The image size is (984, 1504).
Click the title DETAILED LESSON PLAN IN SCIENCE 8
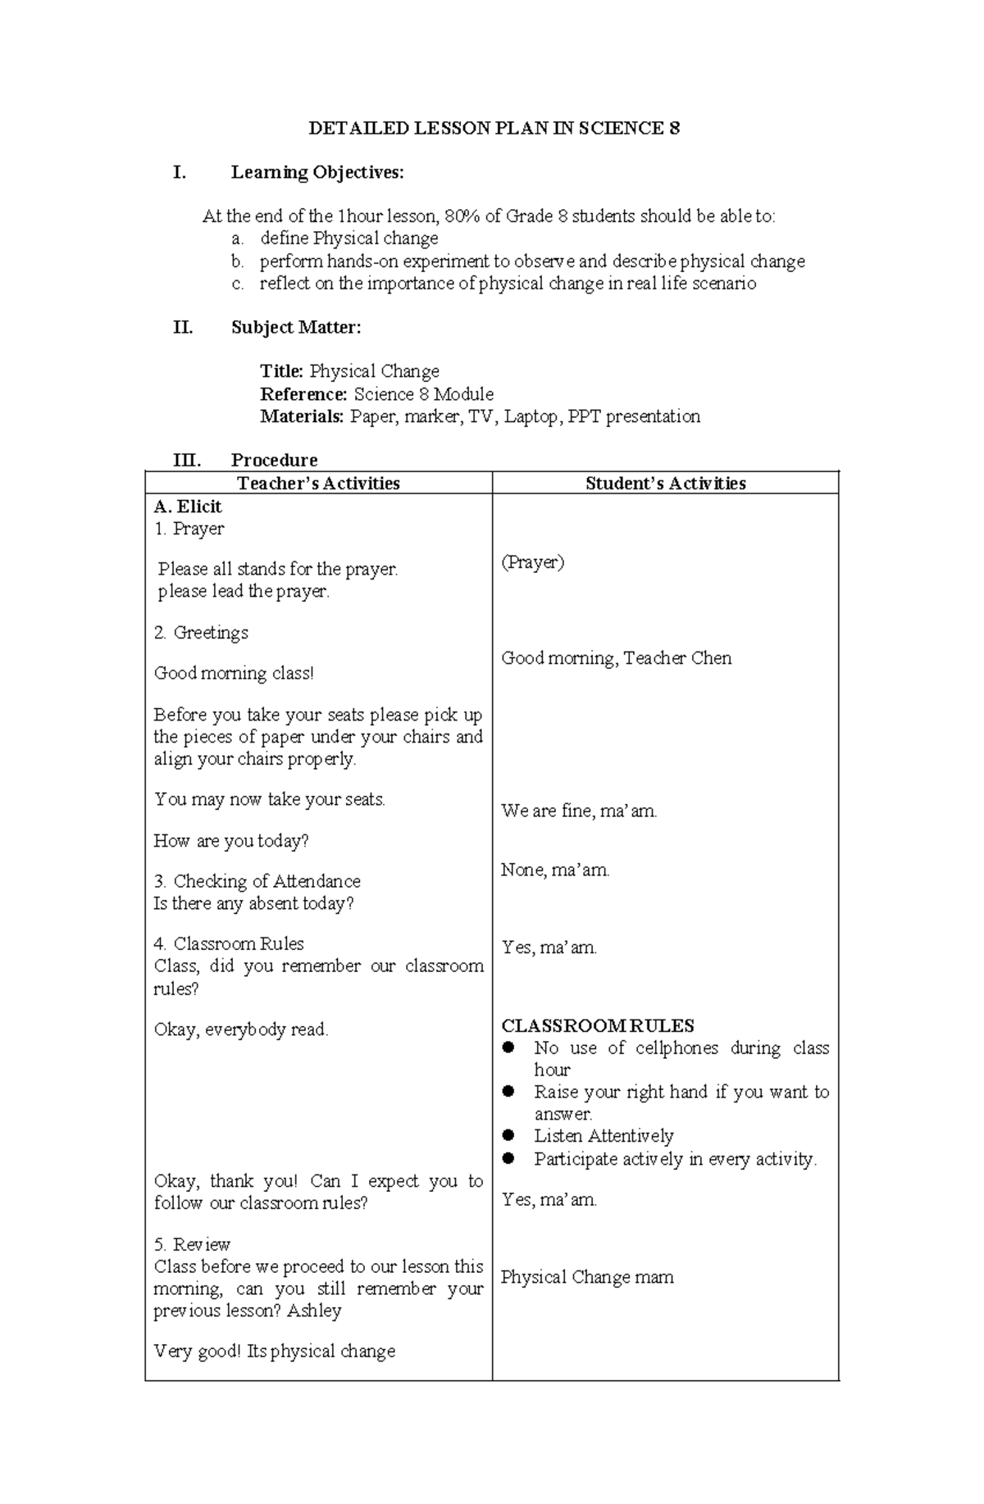[x=494, y=129]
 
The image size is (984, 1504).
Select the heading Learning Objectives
[x=317, y=173]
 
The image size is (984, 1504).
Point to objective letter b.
[x=237, y=261]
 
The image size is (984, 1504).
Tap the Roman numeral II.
[x=183, y=328]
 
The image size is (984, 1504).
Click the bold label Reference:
[x=303, y=394]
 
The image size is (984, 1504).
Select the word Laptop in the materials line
[x=532, y=416]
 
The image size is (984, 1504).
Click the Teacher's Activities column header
[x=318, y=484]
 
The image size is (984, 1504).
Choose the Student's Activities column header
[x=665, y=484]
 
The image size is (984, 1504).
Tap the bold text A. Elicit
[x=188, y=507]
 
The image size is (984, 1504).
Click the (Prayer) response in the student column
[x=532, y=562]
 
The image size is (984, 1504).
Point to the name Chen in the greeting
[x=711, y=658]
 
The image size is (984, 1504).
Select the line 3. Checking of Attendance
[x=257, y=881]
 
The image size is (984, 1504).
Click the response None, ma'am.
[x=555, y=870]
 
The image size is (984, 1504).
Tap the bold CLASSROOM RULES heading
[x=597, y=1026]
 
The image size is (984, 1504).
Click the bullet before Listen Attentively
[x=508, y=1136]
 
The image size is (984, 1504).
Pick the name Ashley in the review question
[x=314, y=1311]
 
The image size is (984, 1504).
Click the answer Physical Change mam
[x=587, y=1277]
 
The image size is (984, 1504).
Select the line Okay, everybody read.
[x=241, y=1029]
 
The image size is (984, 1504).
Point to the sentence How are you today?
[x=231, y=841]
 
